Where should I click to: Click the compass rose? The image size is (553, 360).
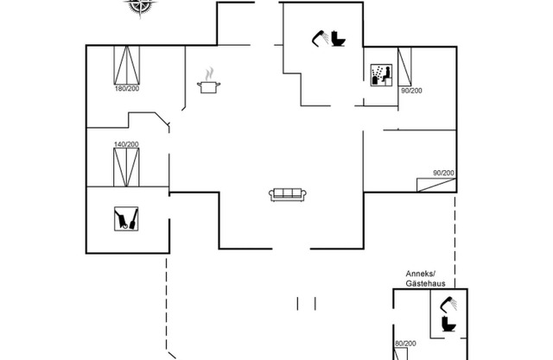[x=138, y=6]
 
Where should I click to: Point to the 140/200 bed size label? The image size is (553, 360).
[x=126, y=144]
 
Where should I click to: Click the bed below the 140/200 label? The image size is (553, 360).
[x=126, y=167]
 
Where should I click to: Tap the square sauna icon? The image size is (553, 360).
[x=126, y=218]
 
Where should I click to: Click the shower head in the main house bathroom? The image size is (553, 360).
[x=320, y=36]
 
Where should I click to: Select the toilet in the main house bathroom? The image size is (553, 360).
[x=337, y=40]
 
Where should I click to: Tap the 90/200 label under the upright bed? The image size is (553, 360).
[x=410, y=91]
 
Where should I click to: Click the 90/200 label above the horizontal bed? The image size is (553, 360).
[x=443, y=173]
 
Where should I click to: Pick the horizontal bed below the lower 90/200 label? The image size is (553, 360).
[x=435, y=184]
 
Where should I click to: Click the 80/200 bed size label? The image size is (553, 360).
[x=405, y=344]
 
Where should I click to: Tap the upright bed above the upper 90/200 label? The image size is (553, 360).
[x=404, y=66]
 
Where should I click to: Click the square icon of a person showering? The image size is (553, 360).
[x=378, y=74]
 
